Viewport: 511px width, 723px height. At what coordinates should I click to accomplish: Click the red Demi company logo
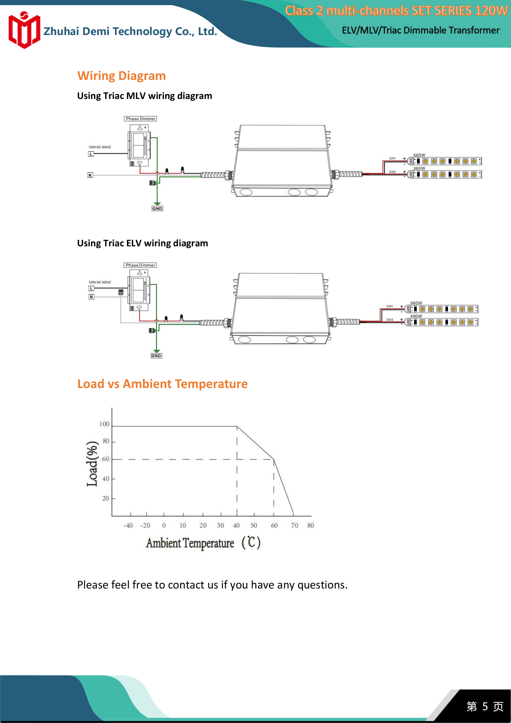click(24, 30)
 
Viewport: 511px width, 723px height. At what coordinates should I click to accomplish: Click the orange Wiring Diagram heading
click(122, 76)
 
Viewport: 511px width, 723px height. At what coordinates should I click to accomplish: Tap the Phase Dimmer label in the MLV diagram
click(140, 119)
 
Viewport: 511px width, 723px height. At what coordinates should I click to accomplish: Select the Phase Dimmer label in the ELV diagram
click(140, 265)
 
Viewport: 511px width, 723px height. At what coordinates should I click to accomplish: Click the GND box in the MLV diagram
click(157, 208)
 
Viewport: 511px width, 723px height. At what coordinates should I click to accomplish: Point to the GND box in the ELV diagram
click(156, 356)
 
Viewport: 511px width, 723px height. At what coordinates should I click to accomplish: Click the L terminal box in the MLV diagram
click(91, 154)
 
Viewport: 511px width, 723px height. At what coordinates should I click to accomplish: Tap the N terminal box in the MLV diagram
click(90, 175)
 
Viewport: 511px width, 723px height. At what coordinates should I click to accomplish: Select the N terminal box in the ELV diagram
click(91, 297)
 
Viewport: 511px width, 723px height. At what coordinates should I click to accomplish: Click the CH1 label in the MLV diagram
click(392, 158)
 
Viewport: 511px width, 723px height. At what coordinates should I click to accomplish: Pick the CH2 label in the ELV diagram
click(390, 320)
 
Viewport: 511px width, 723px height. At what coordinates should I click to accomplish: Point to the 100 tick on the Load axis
click(104, 424)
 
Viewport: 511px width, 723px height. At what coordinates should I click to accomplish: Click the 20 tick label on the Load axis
click(106, 498)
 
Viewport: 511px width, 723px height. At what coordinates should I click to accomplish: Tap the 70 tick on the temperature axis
click(294, 525)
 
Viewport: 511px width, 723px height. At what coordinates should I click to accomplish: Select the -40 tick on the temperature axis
click(128, 525)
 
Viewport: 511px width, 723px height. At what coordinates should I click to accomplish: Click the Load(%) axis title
click(92, 464)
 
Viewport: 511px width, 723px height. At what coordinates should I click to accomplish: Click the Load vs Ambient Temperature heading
click(163, 384)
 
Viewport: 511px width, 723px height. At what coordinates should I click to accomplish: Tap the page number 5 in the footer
click(485, 706)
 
